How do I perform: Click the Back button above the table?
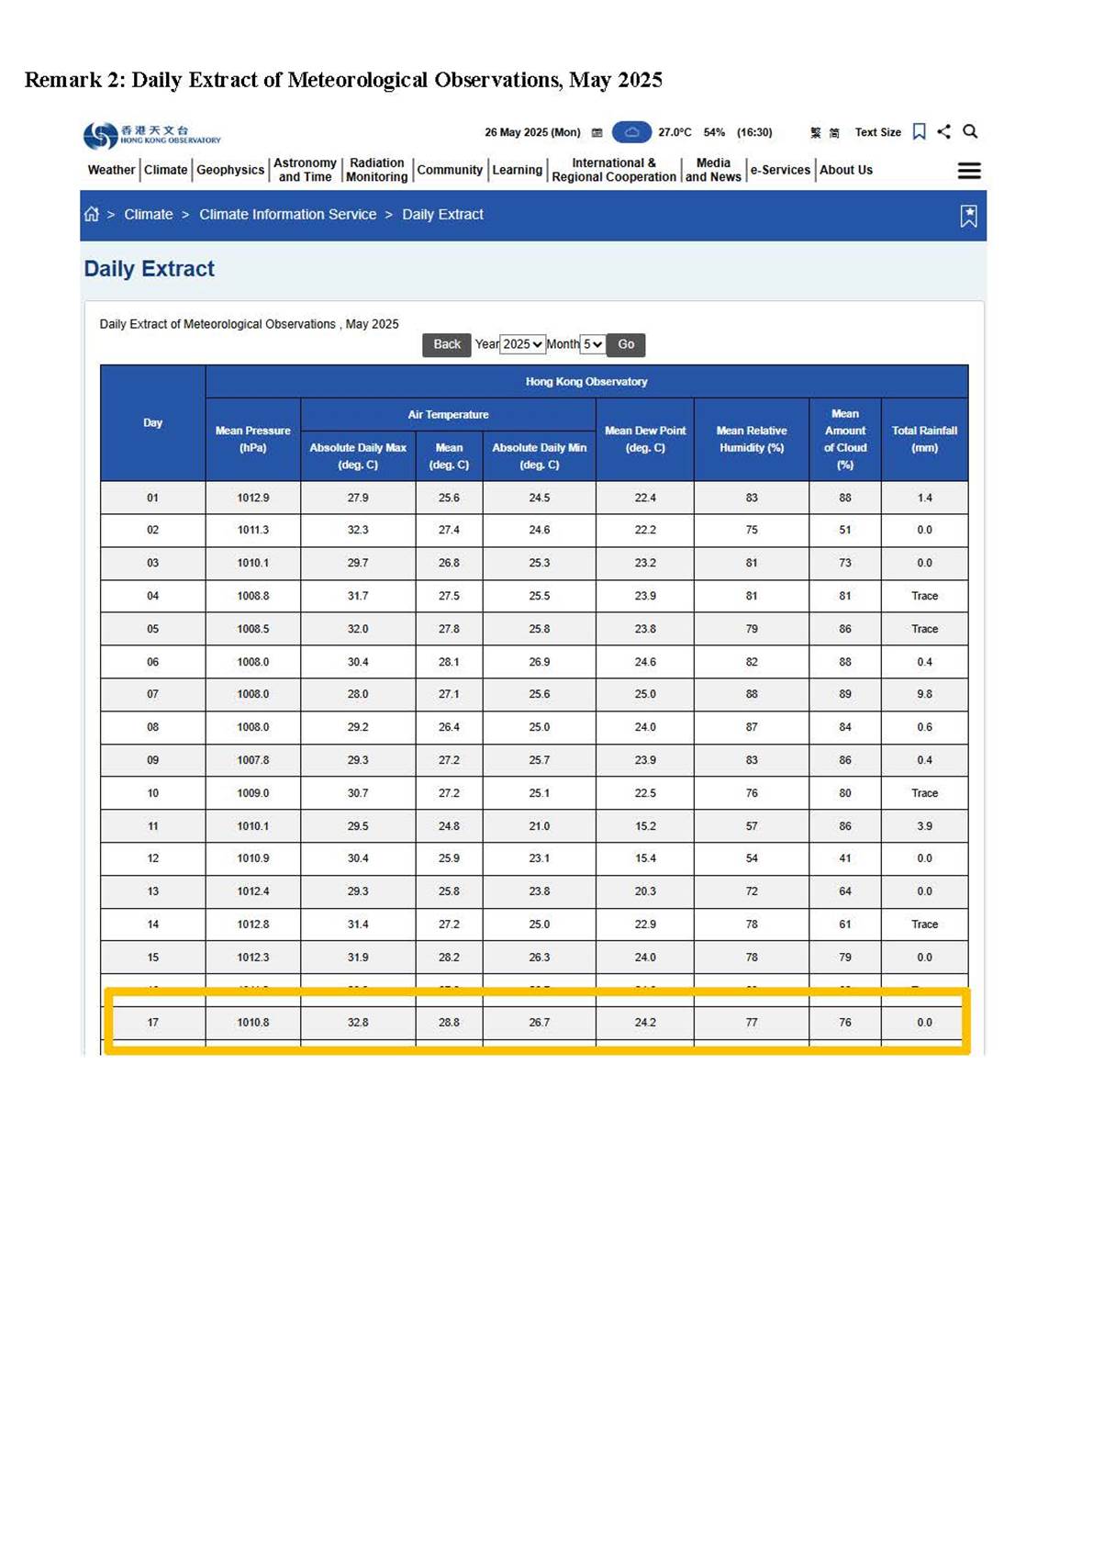click(446, 344)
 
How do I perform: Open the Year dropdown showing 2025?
click(522, 344)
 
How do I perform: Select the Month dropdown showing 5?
click(593, 344)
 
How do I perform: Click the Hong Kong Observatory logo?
click(151, 135)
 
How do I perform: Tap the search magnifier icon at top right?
click(970, 131)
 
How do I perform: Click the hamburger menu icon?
click(969, 171)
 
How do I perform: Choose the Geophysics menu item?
click(230, 170)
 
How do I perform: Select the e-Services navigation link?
click(780, 170)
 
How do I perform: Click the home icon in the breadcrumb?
click(92, 214)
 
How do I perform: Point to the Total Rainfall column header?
click(924, 439)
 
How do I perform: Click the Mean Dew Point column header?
click(645, 439)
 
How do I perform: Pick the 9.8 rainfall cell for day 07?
click(924, 694)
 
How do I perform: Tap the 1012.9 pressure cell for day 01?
click(253, 498)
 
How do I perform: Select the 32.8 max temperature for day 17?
click(358, 1022)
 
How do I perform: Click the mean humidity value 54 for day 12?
click(752, 858)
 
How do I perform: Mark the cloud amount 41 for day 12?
click(845, 858)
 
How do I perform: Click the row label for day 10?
click(152, 793)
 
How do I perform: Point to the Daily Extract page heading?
click(150, 269)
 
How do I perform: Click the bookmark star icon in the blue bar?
click(968, 216)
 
